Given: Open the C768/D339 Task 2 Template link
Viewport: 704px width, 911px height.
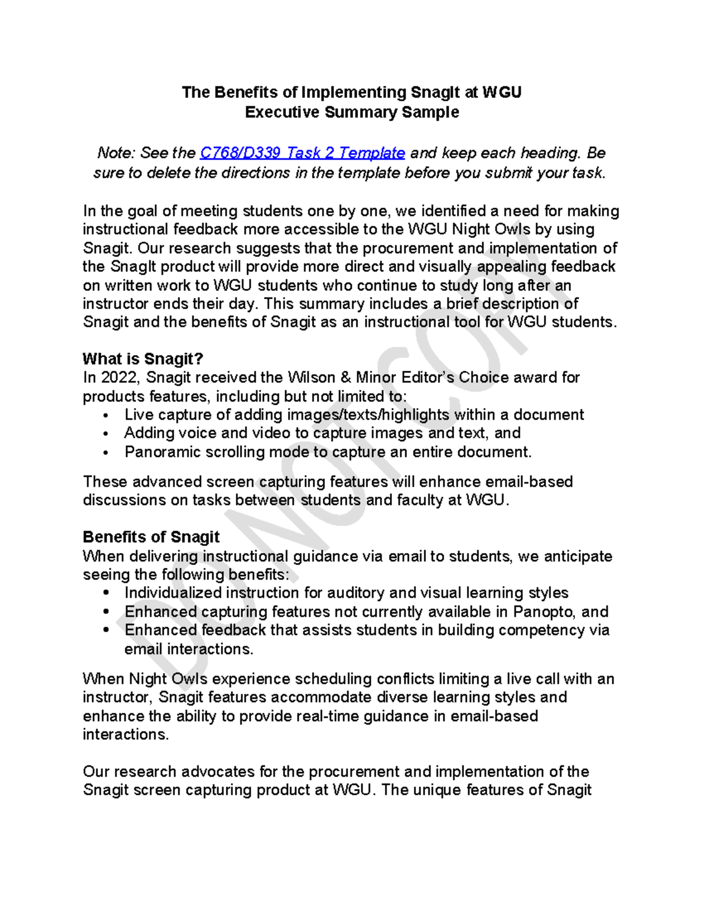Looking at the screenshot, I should point(302,153).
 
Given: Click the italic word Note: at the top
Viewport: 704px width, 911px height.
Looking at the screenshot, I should point(116,153).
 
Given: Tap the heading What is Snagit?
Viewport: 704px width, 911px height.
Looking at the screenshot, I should point(143,359).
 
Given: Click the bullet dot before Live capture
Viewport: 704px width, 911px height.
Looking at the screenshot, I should point(106,416).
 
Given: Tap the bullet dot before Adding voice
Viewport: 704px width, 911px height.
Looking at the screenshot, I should point(106,434).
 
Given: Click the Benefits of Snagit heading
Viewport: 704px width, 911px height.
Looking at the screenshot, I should point(151,537).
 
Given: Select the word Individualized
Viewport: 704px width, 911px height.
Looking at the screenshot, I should point(174,593).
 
